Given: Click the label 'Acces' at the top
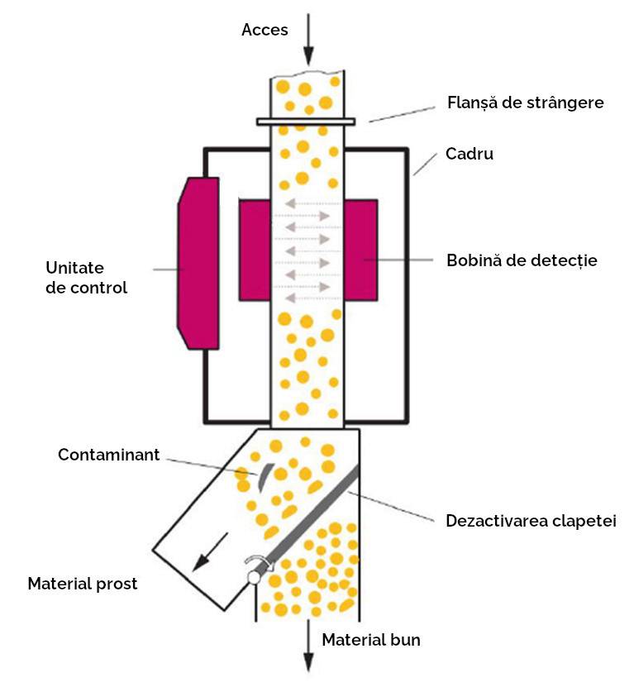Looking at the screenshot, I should (x=265, y=31).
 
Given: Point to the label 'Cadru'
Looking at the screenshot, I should (x=469, y=154).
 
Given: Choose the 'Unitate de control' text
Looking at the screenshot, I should (x=87, y=278).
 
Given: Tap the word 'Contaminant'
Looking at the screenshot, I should (x=108, y=456).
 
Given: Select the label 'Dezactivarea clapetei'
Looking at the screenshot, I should (x=531, y=522).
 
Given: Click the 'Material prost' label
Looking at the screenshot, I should (x=83, y=584).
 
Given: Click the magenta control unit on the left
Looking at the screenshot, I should (x=198, y=263).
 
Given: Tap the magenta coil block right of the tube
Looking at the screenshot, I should (x=360, y=248).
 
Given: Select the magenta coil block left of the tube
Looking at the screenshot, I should (x=255, y=248).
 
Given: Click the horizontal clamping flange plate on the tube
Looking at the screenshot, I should (x=307, y=122).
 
